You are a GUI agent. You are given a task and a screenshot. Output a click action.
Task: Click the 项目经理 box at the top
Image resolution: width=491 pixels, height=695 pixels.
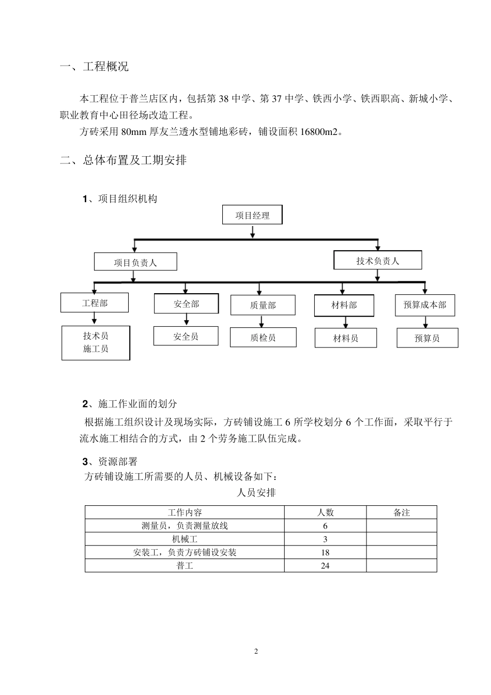pyautogui.click(x=252, y=215)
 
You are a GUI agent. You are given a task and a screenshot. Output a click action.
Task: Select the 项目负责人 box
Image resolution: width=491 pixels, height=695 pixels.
pyautogui.click(x=135, y=262)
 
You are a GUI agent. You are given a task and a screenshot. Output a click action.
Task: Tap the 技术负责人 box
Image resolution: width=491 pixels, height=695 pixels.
pyautogui.click(x=377, y=261)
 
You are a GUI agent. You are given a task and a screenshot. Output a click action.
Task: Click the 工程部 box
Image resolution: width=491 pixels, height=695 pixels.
pyautogui.click(x=95, y=303)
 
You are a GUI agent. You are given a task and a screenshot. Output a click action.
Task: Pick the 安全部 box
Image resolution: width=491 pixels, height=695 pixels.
pyautogui.click(x=186, y=304)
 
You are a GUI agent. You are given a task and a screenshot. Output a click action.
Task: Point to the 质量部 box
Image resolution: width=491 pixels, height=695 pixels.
pyautogui.click(x=263, y=305)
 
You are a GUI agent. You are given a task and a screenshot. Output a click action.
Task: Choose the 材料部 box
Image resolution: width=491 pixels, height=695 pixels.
pyautogui.click(x=344, y=305)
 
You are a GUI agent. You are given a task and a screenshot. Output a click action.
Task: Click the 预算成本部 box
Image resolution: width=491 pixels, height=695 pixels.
pyautogui.click(x=425, y=305)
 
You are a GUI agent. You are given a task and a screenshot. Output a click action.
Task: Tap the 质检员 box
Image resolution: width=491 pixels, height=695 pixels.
pyautogui.click(x=263, y=337)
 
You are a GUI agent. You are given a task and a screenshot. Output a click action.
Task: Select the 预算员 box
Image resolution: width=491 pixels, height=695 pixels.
pyautogui.click(x=427, y=338)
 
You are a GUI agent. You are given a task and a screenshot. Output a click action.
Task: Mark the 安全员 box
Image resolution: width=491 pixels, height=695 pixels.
pyautogui.click(x=186, y=336)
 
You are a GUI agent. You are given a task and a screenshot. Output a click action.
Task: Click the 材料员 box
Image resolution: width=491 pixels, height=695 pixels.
pyautogui.click(x=345, y=338)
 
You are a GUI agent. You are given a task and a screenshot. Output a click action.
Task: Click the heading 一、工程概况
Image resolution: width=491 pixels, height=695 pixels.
pyautogui.click(x=94, y=67)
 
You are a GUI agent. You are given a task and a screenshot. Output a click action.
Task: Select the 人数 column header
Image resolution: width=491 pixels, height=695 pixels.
pyautogui.click(x=325, y=512)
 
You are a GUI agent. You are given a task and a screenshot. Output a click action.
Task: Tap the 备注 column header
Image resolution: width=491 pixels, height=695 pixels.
pyautogui.click(x=401, y=512)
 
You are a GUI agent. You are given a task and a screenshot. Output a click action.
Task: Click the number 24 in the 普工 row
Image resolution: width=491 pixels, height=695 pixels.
pyautogui.click(x=325, y=566)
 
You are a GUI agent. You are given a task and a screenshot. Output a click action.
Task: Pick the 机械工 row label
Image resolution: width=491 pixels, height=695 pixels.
pyautogui.click(x=185, y=539)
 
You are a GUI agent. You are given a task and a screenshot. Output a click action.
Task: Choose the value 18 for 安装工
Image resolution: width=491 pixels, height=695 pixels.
pyautogui.click(x=325, y=552)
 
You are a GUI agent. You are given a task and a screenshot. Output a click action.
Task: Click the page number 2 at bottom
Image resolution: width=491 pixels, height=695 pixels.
pyautogui.click(x=256, y=651)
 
